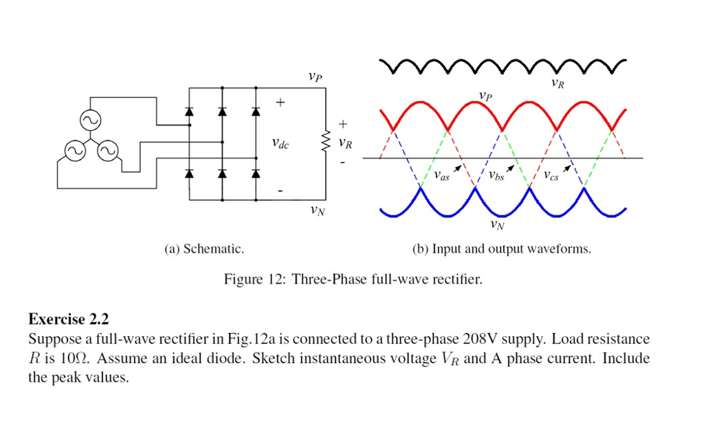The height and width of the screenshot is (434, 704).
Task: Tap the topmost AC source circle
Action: pos(90,120)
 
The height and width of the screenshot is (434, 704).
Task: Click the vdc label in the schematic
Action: pos(280,144)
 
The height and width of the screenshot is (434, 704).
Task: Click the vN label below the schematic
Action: pos(317,210)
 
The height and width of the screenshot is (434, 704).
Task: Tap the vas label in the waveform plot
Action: pos(441,176)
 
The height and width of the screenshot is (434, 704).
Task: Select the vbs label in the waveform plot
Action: pos(496,176)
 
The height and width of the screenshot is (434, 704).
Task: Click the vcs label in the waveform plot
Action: pos(550,176)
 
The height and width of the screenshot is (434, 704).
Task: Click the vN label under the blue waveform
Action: pos(496,224)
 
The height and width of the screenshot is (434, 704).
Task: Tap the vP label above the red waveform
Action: pos(485,95)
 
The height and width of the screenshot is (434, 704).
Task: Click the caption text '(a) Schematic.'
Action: pos(203,248)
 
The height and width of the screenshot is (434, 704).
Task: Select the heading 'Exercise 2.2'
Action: pos(69,319)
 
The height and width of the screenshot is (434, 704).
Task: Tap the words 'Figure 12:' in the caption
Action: pos(253,279)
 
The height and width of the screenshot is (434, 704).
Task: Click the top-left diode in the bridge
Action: pos(190,111)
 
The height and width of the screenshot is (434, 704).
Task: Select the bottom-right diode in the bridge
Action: pos(256,173)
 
